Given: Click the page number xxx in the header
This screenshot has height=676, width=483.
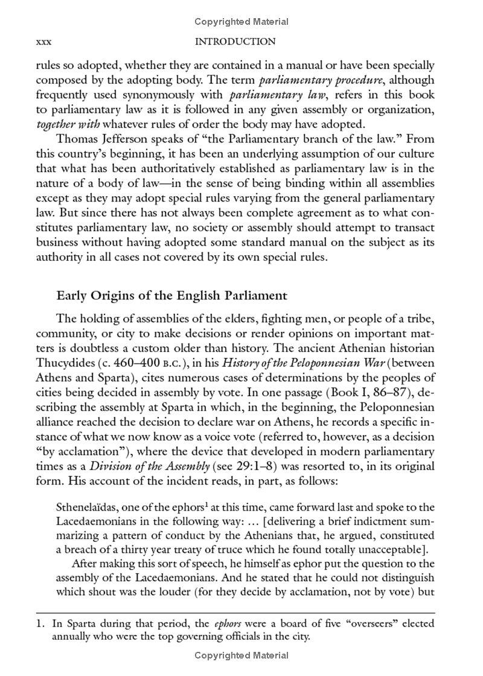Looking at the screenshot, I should (43, 42).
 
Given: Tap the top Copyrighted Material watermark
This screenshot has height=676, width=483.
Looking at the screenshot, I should (241, 22).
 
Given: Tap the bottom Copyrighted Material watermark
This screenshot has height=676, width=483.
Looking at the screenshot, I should (241, 655).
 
